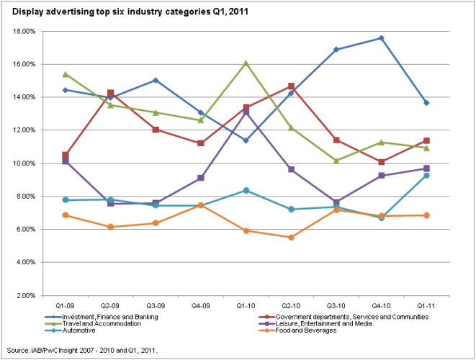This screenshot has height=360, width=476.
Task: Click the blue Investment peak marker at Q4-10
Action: pyautogui.click(x=382, y=38)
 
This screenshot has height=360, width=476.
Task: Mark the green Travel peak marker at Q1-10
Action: pyautogui.click(x=246, y=63)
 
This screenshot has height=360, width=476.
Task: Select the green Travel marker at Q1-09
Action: pyautogui.click(x=66, y=74)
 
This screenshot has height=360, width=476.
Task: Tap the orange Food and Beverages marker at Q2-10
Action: pyautogui.click(x=291, y=238)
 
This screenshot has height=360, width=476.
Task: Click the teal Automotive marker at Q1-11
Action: pyautogui.click(x=427, y=176)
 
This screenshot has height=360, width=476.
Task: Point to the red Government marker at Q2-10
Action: pyautogui.click(x=291, y=86)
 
